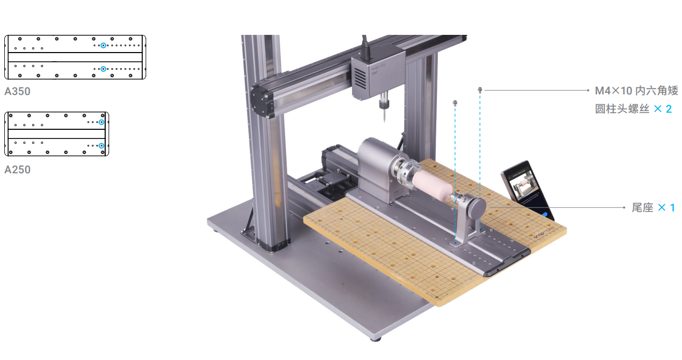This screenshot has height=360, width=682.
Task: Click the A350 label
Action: pos(17,91)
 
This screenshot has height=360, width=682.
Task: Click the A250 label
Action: pos(17,170)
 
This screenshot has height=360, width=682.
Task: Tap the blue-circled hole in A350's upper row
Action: pos(104,46)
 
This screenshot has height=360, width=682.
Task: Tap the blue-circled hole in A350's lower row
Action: pos(104,69)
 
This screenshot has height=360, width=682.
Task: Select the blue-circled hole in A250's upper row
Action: pos(102,122)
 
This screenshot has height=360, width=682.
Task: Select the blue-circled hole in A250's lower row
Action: pos(102,146)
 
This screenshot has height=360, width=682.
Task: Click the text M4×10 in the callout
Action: pos(613,91)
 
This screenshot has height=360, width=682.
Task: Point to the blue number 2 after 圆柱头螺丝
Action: pos(669,109)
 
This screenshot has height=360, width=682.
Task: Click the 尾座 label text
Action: pos(642,208)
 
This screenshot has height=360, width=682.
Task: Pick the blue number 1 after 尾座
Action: pos(672,208)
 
